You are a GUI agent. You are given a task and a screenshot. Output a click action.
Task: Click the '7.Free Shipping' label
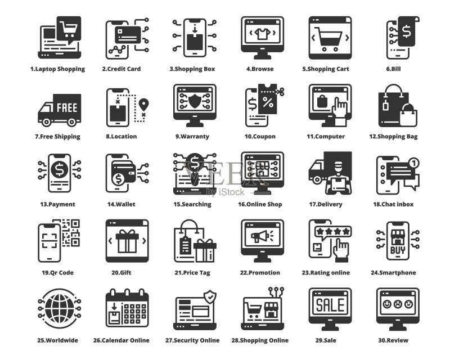pos(58,137)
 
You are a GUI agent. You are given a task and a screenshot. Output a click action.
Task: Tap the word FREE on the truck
pos(67,108)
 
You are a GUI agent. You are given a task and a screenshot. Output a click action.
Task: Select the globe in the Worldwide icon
pos(60,309)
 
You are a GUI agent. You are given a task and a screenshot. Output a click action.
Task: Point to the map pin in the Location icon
pos(143,105)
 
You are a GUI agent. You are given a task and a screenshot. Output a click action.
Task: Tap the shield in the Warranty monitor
pos(195,100)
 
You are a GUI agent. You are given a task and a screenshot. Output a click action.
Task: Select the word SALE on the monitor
pos(330,305)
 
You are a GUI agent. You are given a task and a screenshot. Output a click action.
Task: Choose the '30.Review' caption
pos(393,340)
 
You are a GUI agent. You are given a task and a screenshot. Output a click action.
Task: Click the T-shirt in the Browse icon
pos(262,34)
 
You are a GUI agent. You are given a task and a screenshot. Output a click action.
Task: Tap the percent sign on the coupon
pos(268,102)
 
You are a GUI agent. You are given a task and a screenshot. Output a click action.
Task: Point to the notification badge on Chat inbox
pos(414,163)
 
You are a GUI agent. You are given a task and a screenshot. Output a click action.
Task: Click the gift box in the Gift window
pos(127,241)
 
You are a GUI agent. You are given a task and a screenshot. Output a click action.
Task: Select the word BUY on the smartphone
pos(398,250)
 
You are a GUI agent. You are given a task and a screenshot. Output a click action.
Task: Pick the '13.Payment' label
pos(58,204)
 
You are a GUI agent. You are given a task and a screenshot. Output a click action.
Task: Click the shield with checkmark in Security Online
pos(210,297)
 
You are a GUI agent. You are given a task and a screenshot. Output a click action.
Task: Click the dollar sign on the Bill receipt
pos(406,31)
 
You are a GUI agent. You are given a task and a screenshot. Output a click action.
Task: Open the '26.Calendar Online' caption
pos(121,340)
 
